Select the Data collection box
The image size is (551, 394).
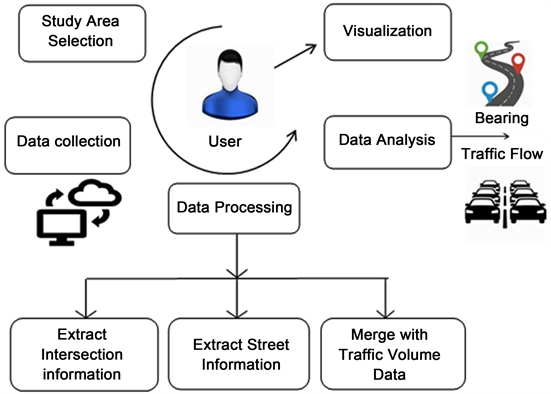(68, 140)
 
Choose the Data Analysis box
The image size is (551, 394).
(384, 141)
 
